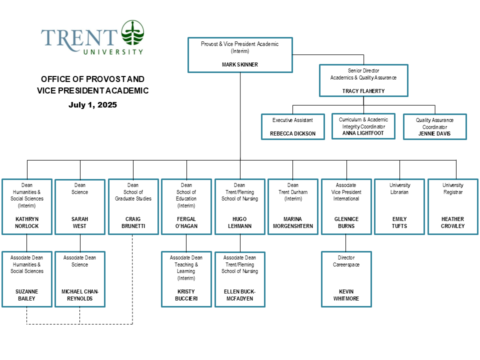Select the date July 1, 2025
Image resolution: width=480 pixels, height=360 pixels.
(x=92, y=105)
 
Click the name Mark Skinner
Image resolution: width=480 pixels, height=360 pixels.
(x=240, y=64)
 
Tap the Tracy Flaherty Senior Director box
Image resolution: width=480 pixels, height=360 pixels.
(x=363, y=80)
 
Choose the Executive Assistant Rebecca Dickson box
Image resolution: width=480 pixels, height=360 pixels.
(x=292, y=126)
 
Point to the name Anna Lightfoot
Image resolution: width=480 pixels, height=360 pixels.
(x=363, y=133)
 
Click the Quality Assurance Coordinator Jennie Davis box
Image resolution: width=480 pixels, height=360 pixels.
(x=434, y=127)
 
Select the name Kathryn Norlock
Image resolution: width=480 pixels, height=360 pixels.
(x=27, y=222)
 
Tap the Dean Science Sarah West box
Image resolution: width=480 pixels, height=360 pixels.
(x=80, y=206)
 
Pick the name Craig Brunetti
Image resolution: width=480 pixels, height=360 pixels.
(x=133, y=222)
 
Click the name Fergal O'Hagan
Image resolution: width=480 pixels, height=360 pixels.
(x=186, y=222)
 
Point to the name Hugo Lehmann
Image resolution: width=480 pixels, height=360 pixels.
(x=240, y=222)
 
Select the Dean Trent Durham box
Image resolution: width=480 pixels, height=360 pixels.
(x=293, y=206)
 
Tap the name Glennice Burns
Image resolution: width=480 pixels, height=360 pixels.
(x=346, y=222)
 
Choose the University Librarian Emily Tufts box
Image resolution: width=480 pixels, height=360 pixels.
(x=399, y=206)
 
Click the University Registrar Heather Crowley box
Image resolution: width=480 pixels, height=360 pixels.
(x=453, y=206)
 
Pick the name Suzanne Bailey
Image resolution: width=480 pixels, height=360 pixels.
(x=27, y=295)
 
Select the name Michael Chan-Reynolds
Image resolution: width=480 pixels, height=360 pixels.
(x=80, y=295)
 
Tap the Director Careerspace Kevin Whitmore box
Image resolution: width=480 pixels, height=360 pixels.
(x=346, y=279)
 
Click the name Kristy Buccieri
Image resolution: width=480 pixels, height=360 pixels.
(x=186, y=295)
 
